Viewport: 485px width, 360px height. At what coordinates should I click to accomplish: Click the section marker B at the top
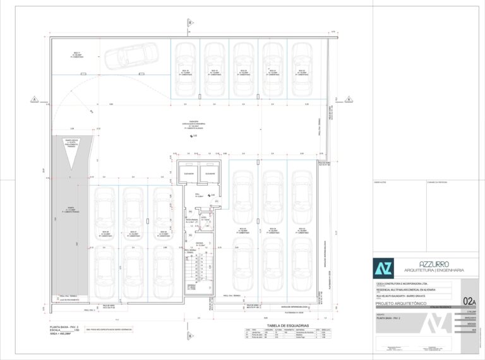coord(188,23)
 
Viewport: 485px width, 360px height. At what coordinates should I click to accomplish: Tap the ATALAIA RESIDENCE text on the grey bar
coord(447,308)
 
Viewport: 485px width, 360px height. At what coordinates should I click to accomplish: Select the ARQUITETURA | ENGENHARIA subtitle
coord(434,270)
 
